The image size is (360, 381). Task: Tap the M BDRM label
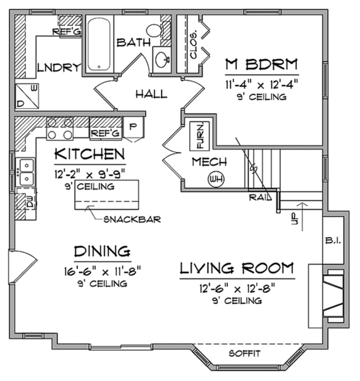262,64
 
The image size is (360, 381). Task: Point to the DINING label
103,251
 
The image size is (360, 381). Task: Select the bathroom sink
161,59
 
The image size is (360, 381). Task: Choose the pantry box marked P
132,128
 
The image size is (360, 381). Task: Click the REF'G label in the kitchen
104,133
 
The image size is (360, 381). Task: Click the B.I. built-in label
334,241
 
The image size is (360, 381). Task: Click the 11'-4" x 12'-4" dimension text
262,83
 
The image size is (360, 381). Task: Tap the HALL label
151,94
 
